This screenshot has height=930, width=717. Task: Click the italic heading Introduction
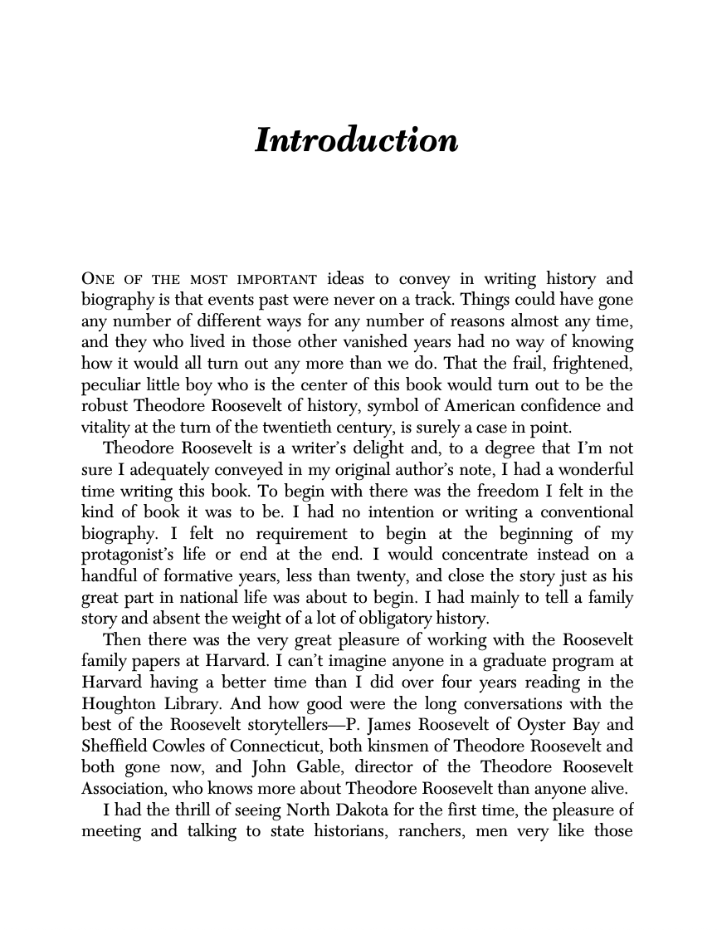point(356,139)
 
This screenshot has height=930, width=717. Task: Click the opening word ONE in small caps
point(98,278)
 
